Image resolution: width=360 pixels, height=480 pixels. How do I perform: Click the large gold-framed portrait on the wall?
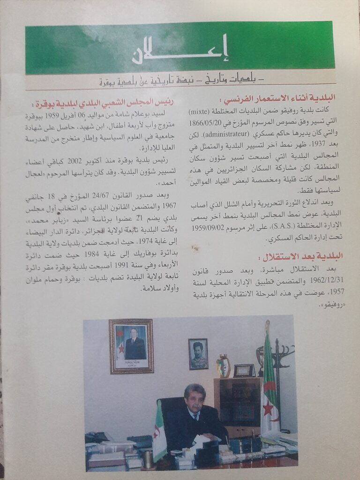[131, 346]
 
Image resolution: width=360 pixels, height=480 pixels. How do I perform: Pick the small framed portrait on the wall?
[198, 354]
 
